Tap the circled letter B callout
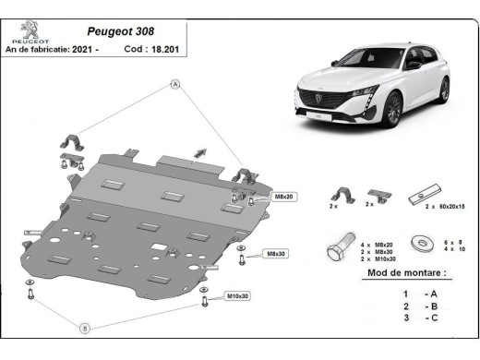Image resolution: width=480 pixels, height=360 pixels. click(84, 328)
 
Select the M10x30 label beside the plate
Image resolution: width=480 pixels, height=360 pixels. click(238, 296)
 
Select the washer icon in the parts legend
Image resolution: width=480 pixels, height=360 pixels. click(426, 244)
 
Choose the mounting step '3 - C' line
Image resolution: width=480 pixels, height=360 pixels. click(417, 319)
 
